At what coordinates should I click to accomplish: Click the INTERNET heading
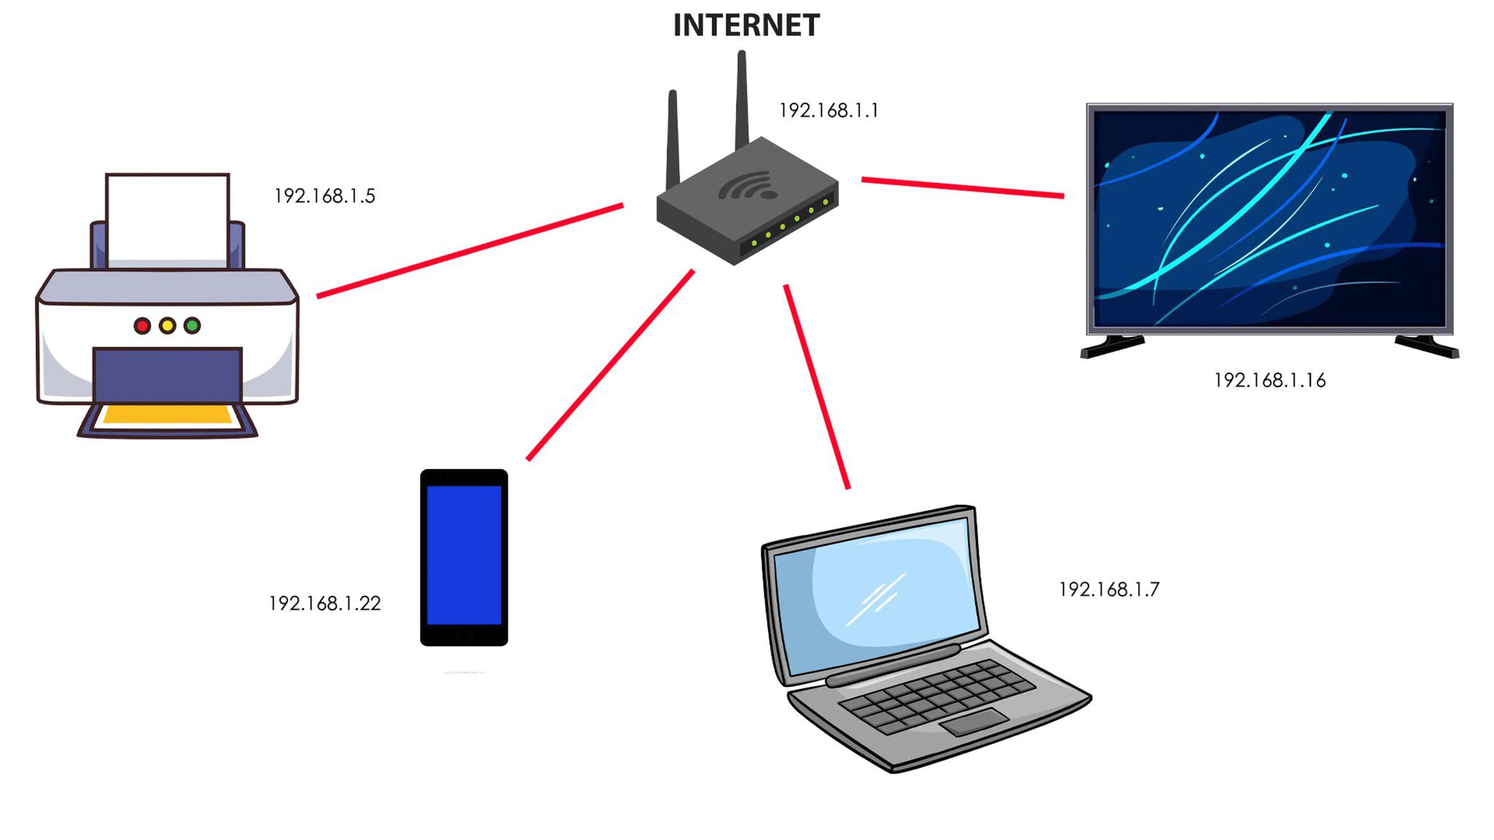tap(746, 26)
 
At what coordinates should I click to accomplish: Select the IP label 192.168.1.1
tap(829, 111)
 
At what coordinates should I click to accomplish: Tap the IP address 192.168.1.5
tap(325, 196)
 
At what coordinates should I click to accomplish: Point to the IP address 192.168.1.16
tap(1269, 381)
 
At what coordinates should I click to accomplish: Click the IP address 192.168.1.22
tap(325, 604)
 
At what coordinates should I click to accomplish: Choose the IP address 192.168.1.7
tap(1109, 590)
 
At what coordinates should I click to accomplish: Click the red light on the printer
tap(142, 326)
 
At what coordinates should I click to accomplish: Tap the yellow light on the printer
tap(167, 326)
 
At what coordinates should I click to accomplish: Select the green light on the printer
tap(192, 326)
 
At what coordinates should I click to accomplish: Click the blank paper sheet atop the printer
tap(167, 215)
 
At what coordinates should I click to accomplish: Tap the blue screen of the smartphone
tap(464, 554)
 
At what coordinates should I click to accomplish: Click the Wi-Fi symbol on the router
tap(748, 186)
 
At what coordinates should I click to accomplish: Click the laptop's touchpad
tap(975, 722)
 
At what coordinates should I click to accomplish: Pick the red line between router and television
tap(962, 187)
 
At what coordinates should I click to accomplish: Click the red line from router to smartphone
tap(610, 365)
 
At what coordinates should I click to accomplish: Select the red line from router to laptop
tap(817, 386)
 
